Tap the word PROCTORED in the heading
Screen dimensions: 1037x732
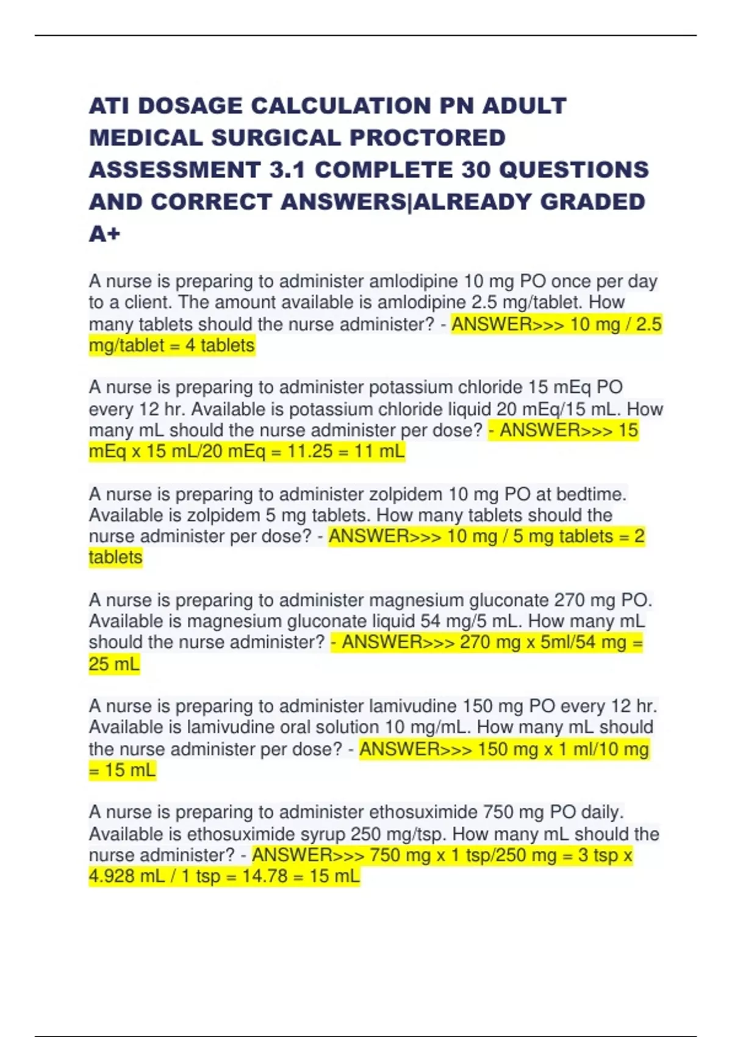tap(427, 138)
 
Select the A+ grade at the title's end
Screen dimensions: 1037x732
tap(105, 234)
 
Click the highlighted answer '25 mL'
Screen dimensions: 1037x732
tap(114, 664)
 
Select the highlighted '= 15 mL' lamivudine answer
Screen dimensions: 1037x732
tap(123, 770)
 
